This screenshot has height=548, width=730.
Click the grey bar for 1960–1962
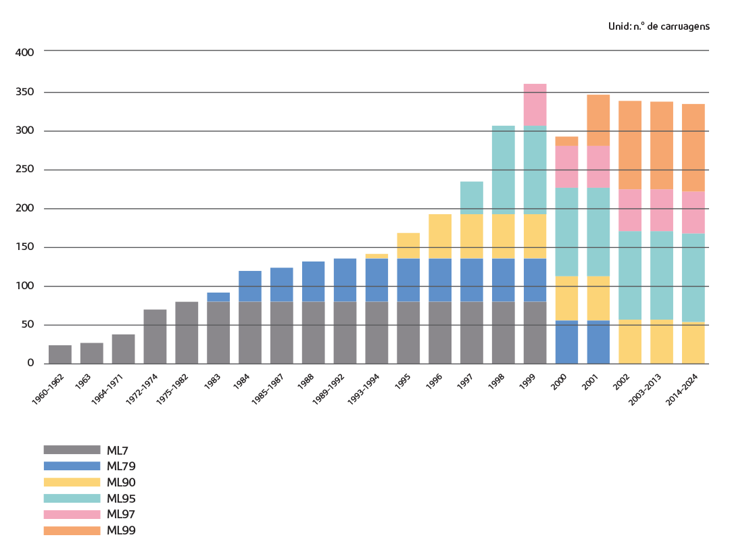pyautogui.click(x=60, y=354)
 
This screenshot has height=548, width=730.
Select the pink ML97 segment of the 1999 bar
pyautogui.click(x=535, y=105)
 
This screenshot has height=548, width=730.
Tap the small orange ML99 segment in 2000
pyautogui.click(x=566, y=141)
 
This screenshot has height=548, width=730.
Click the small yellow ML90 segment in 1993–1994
pyautogui.click(x=376, y=255)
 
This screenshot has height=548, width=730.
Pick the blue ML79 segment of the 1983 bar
pyautogui.click(x=218, y=297)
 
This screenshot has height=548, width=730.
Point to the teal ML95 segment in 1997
pyautogui.click(x=472, y=197)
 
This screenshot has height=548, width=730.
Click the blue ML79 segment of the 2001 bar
pyautogui.click(x=598, y=342)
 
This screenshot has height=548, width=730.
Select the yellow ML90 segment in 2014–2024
pyautogui.click(x=693, y=343)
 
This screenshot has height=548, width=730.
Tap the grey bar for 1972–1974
pyautogui.click(x=155, y=337)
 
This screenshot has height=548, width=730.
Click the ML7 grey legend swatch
pyautogui.click(x=72, y=450)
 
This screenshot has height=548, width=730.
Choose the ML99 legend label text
pyautogui.click(x=122, y=531)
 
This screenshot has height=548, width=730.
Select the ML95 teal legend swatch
pyautogui.click(x=72, y=499)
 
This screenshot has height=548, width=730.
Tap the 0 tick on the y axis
pyautogui.click(x=30, y=364)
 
